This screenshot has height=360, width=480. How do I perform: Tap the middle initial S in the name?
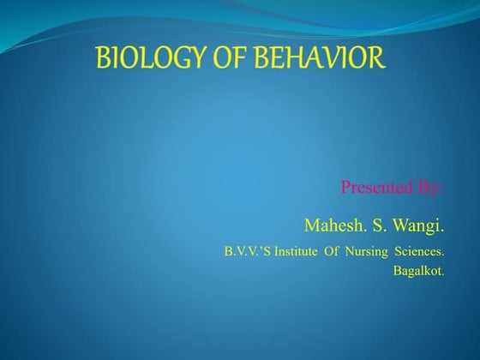[375, 225]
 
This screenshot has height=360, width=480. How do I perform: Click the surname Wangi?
[418, 226]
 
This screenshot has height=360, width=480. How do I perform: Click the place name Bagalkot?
[419, 272]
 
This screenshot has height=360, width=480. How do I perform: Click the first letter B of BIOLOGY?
[102, 59]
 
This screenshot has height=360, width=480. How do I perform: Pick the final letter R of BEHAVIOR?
[377, 59]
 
